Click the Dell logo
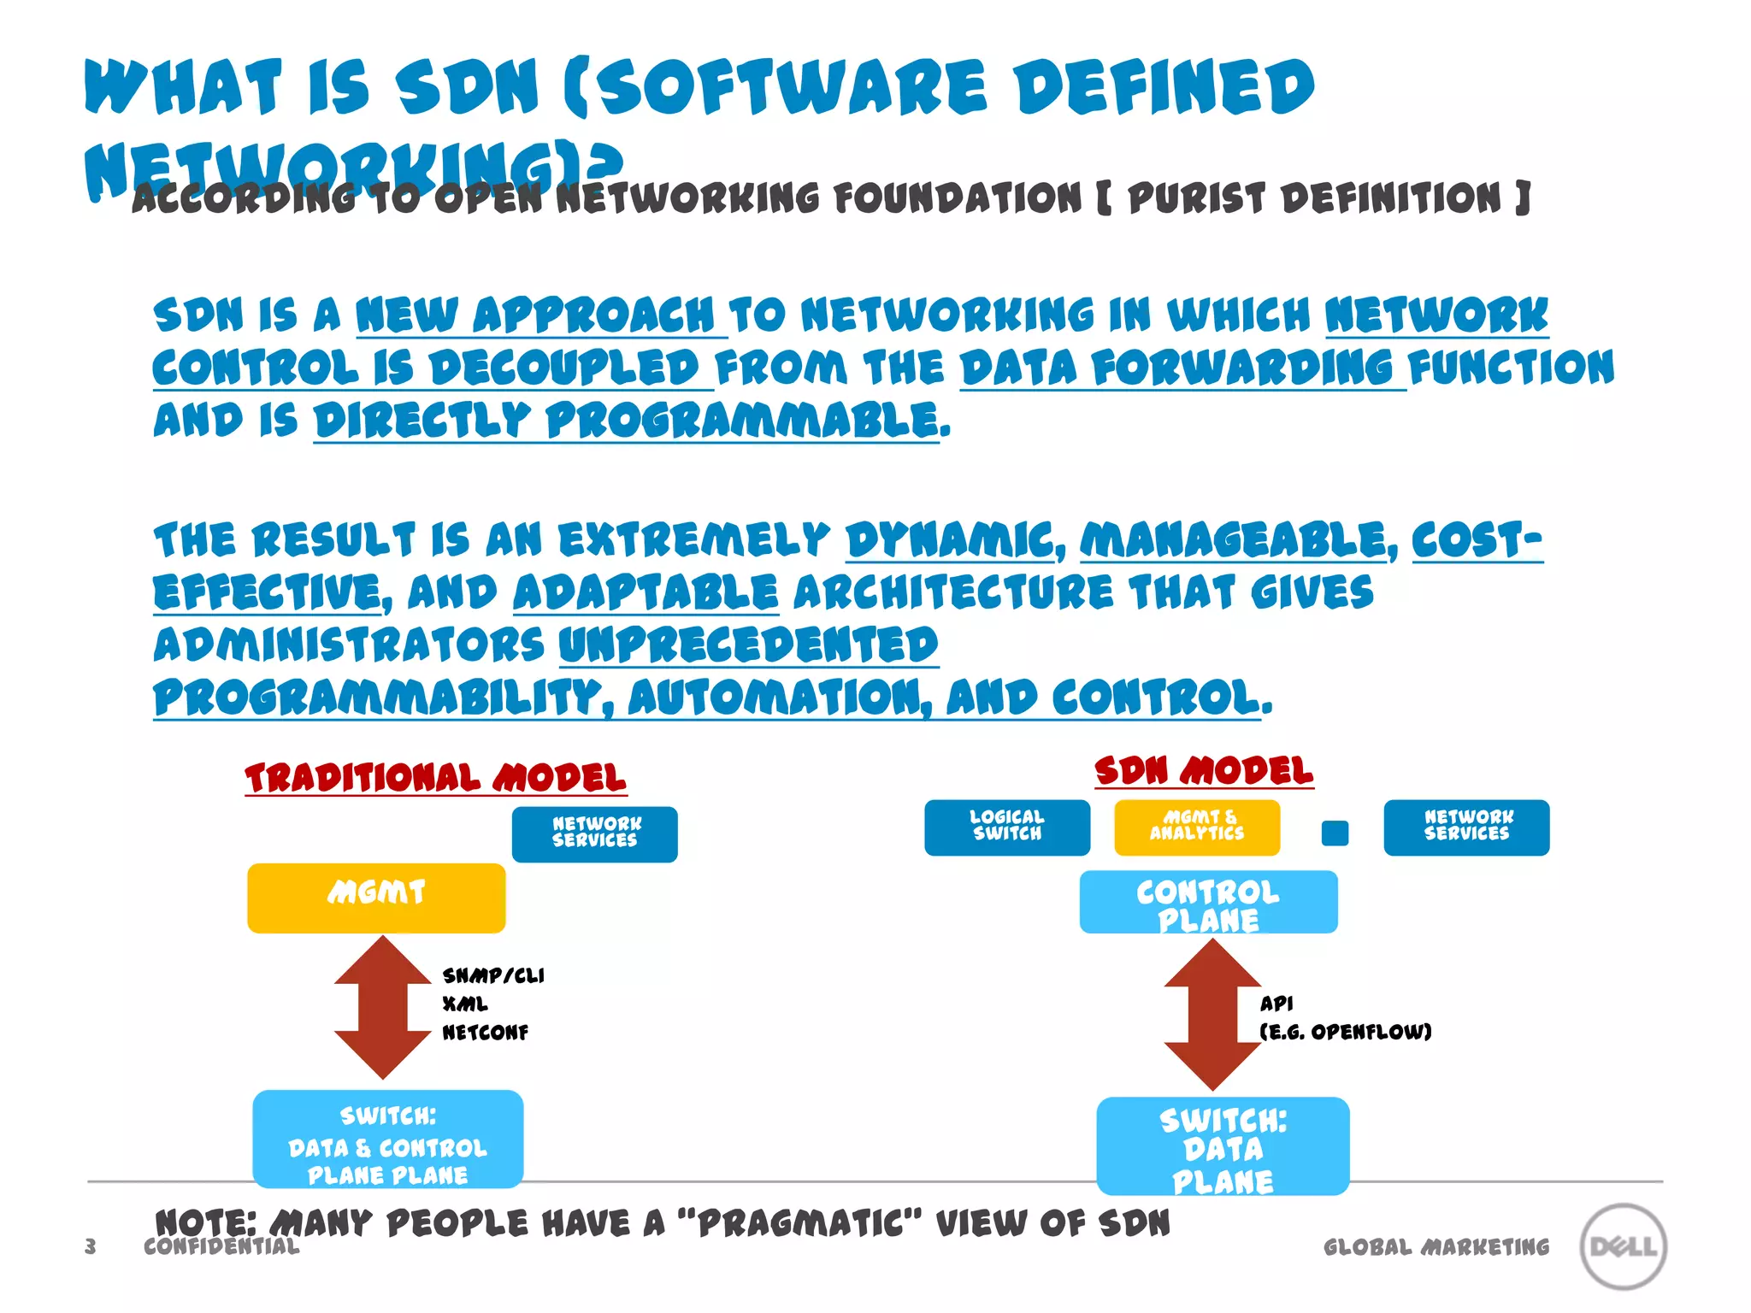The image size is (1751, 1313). click(1623, 1245)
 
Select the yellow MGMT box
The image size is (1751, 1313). click(376, 898)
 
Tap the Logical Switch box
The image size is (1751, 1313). click(1007, 827)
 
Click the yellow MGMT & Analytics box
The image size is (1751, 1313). click(1197, 827)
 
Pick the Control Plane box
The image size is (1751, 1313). click(1208, 902)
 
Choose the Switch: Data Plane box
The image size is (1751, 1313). click(1223, 1145)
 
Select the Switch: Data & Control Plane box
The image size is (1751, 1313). click(387, 1139)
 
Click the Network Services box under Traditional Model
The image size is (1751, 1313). click(594, 834)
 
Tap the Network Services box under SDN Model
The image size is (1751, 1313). click(1466, 827)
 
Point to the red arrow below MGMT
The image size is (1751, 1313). click(382, 1007)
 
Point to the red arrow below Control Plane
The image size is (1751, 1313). click(1212, 1014)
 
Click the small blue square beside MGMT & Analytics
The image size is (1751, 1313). click(1335, 833)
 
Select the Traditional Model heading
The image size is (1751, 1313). click(435, 778)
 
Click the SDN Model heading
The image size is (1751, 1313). click(1204, 771)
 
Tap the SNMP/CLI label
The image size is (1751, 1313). click(493, 975)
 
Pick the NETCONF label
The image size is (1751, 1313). click(485, 1033)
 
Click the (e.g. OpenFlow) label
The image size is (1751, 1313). click(1345, 1032)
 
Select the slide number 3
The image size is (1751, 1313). click(91, 1246)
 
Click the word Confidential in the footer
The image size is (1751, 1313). click(221, 1246)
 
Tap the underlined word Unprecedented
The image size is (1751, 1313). click(748, 645)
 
